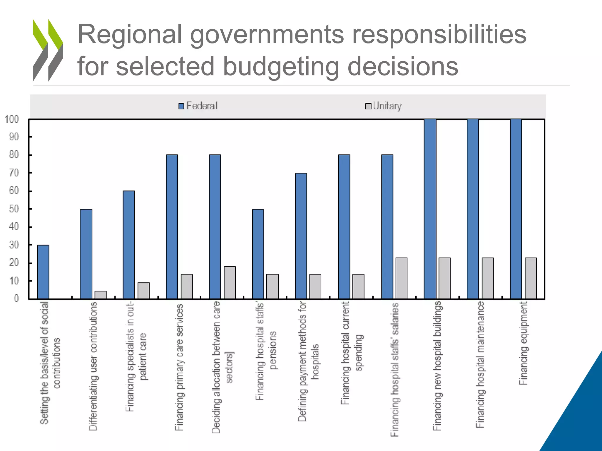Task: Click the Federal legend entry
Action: coord(198,106)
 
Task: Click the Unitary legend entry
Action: coord(384,106)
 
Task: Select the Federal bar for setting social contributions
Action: coord(44,272)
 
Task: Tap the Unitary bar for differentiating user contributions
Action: coord(101,295)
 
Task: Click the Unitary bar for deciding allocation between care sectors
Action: coord(230,282)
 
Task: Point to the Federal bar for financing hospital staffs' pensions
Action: coord(258,254)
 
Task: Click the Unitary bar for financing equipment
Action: coord(531,278)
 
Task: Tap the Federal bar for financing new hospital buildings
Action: coord(430,209)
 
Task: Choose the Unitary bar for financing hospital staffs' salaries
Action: coord(401,278)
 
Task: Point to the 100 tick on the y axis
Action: coord(12,119)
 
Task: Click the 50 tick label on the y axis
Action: coord(14,209)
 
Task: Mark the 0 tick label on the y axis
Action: coord(16,299)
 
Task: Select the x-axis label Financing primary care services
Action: coord(179,367)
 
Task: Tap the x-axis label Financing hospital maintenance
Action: coord(480,364)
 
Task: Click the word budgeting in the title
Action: coord(281,67)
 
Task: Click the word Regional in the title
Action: coord(130,35)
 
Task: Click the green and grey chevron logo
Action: coord(48,50)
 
